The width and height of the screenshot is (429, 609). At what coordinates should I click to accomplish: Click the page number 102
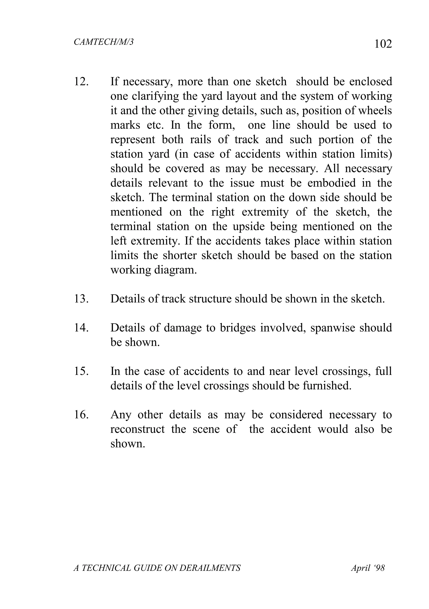[x=383, y=44]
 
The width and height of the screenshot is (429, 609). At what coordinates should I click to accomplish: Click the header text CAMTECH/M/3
[x=103, y=42]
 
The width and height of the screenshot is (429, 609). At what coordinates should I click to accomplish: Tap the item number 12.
[x=81, y=82]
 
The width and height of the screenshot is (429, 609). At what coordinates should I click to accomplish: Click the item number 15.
[x=81, y=371]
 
